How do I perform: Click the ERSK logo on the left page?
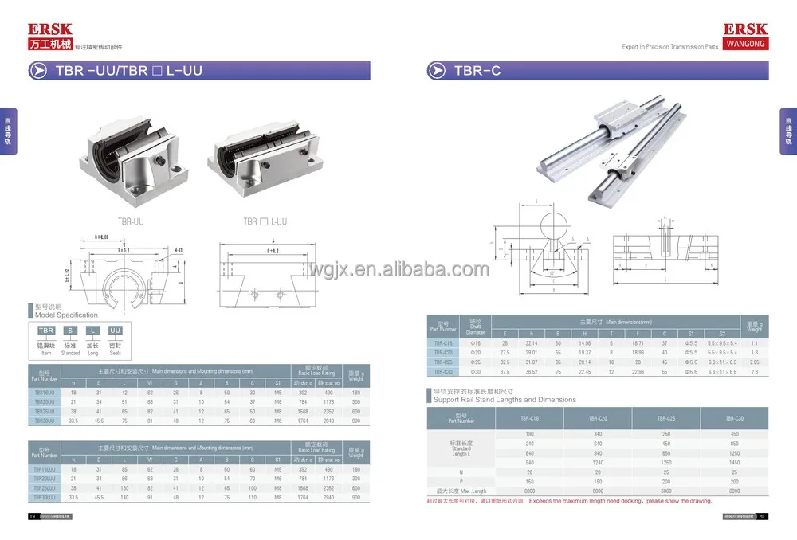[50, 30]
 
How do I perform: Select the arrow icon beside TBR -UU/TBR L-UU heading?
[38, 71]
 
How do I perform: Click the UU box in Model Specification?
[115, 330]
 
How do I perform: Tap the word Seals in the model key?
[115, 351]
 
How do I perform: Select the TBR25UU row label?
[45, 411]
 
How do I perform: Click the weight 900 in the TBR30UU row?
[356, 420]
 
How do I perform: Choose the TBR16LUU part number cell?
[45, 470]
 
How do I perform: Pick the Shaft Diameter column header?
[474, 328]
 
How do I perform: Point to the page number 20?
[761, 516]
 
